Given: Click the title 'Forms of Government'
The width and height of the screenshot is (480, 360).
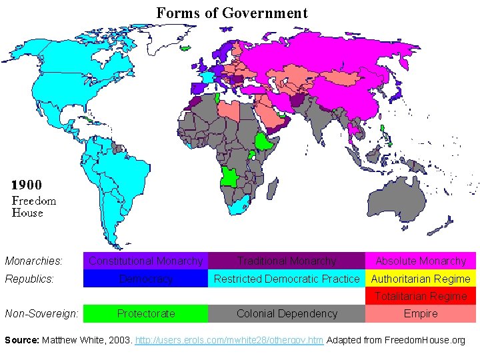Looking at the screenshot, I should point(232,13).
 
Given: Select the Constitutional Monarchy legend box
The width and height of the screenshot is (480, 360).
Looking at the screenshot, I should point(145,261).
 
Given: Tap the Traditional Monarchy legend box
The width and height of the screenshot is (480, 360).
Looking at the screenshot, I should point(287,261).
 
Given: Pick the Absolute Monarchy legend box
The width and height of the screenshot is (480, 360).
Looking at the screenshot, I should point(421,261).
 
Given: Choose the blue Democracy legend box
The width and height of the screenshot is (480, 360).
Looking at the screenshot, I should point(145,279).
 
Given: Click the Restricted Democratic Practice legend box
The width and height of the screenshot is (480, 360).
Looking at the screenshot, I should point(287,279).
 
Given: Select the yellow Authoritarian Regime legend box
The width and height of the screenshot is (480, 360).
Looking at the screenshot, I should point(421,279).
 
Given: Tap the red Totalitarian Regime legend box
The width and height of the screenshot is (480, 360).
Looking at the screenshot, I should point(421,296).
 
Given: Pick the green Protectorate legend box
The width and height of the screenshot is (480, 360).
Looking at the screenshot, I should point(145,313).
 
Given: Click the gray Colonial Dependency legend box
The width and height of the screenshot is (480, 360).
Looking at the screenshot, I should point(287,313).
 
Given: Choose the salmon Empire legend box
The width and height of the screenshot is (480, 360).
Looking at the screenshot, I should point(421,313).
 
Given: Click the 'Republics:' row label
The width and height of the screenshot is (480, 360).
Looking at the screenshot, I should point(29,279).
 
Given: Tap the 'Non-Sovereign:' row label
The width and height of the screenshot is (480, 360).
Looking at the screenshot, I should point(41,313).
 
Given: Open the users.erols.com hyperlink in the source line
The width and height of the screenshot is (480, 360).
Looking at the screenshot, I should point(229,341).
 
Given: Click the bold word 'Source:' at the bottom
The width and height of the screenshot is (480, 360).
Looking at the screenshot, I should point(22,341).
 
